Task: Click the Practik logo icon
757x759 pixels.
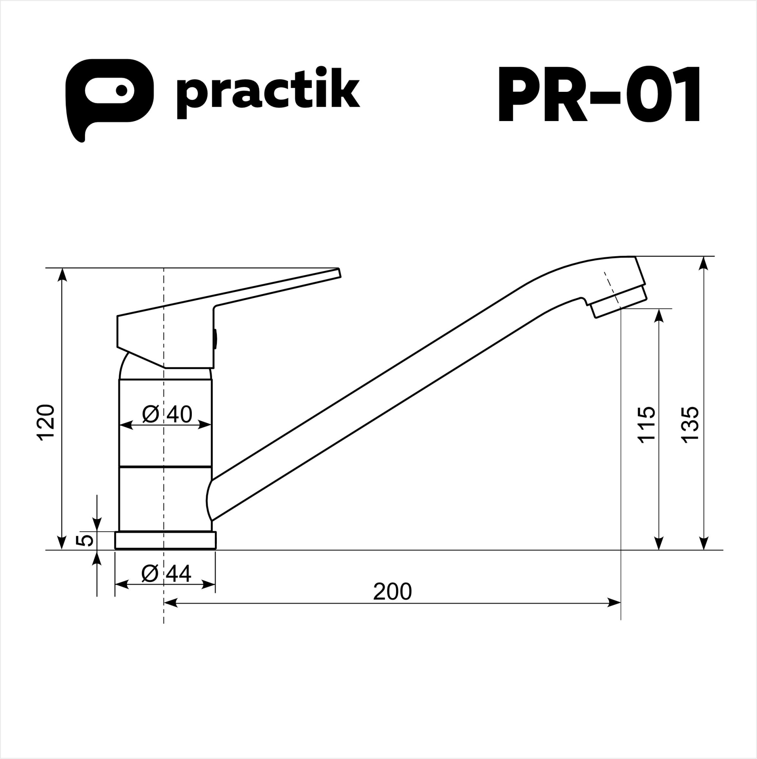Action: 109,94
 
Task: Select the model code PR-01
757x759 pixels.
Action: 598,94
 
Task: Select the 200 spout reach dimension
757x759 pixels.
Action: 392,592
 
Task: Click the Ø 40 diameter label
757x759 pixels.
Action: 167,414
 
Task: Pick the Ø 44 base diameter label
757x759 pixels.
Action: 166,574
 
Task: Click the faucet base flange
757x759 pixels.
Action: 165,540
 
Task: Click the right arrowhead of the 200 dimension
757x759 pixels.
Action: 614,603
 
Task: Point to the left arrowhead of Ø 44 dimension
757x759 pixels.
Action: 122,584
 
